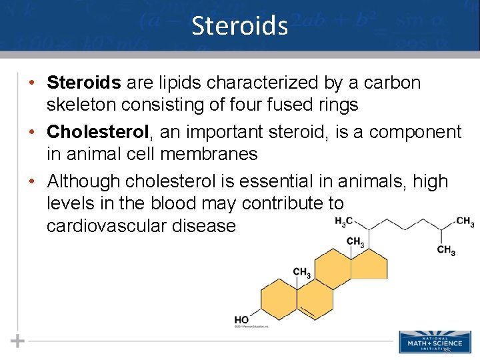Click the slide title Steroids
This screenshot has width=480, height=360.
click(x=239, y=25)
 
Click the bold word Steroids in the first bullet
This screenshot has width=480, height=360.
click(x=84, y=83)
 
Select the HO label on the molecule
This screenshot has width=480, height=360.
click(x=241, y=320)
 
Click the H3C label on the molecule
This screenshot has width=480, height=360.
click(x=344, y=221)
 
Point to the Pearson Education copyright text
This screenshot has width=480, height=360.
click(x=251, y=327)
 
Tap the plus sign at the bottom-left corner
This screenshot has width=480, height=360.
click(x=17, y=341)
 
